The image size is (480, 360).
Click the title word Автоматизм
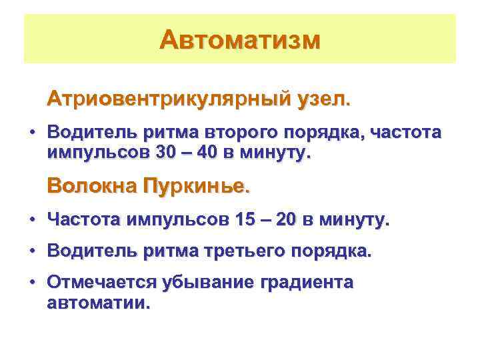click(240, 39)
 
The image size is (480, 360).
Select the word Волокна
click(91, 185)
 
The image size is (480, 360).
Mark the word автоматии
click(99, 303)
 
